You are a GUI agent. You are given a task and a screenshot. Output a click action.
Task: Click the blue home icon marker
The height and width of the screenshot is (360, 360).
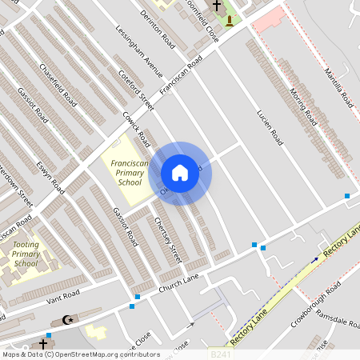tap(180, 173)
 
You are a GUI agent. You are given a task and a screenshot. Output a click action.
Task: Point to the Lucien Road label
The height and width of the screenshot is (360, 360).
tap(270, 127)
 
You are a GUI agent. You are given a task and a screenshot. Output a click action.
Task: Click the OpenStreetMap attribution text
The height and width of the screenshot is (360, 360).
tap(81, 354)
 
